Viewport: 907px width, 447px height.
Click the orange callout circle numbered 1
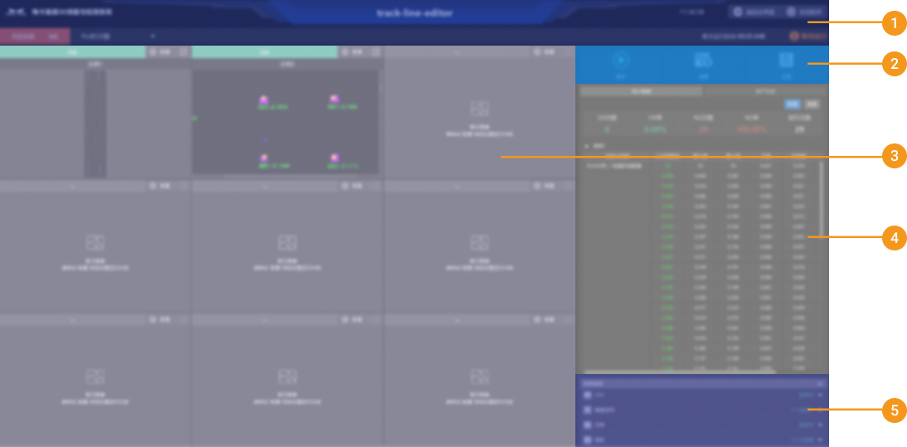point(894,22)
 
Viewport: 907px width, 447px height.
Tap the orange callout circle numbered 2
point(894,64)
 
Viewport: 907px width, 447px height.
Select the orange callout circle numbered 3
point(894,156)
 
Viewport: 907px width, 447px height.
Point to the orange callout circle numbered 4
point(894,238)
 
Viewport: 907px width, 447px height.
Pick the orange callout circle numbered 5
point(894,410)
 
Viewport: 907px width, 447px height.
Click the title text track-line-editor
point(415,12)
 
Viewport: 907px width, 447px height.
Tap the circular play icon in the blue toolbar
point(620,61)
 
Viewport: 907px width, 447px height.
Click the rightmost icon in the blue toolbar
point(786,61)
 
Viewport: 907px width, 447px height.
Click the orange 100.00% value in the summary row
point(750,129)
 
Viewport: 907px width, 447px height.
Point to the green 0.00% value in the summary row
point(655,129)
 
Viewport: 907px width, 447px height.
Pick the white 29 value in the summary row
point(799,129)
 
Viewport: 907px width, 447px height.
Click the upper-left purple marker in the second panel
point(264,100)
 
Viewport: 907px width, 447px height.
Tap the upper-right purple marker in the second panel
point(334,100)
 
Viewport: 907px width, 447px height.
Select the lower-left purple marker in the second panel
point(264,158)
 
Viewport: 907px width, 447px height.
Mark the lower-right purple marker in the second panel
point(334,158)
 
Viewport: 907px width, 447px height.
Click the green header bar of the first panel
point(73,51)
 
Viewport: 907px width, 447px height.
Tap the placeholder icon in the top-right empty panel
point(478,108)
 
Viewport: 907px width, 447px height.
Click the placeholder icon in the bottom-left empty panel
point(95,376)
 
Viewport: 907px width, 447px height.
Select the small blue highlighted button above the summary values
point(793,104)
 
